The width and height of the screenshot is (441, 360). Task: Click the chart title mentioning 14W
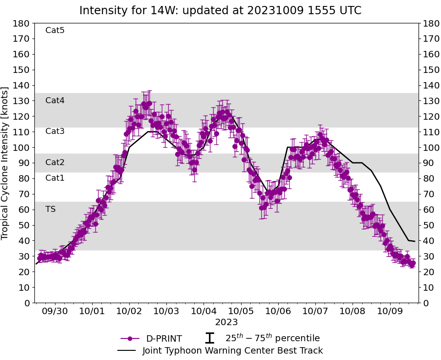click(x=220, y=11)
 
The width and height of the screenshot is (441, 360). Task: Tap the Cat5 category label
click(x=55, y=30)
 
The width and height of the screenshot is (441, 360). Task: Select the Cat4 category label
click(x=55, y=100)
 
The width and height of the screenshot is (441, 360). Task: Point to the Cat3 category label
click(x=55, y=131)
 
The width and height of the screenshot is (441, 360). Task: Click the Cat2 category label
click(x=55, y=162)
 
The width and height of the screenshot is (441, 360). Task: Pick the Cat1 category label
click(x=55, y=178)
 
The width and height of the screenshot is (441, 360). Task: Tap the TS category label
click(x=50, y=209)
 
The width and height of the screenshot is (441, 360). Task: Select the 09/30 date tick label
click(x=55, y=311)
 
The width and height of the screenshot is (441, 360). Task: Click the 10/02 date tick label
click(x=129, y=311)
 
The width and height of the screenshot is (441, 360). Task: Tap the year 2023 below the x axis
click(x=226, y=322)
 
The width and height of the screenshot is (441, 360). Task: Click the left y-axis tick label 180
click(x=22, y=23)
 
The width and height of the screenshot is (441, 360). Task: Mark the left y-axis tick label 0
click(x=27, y=303)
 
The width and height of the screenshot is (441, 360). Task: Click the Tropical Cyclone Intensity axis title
click(x=6, y=163)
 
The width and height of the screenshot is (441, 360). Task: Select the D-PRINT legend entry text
click(x=164, y=339)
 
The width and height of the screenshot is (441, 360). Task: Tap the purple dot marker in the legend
click(x=130, y=338)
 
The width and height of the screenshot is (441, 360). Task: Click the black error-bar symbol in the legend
click(x=209, y=338)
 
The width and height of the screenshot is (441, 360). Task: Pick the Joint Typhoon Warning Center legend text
click(x=232, y=351)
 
